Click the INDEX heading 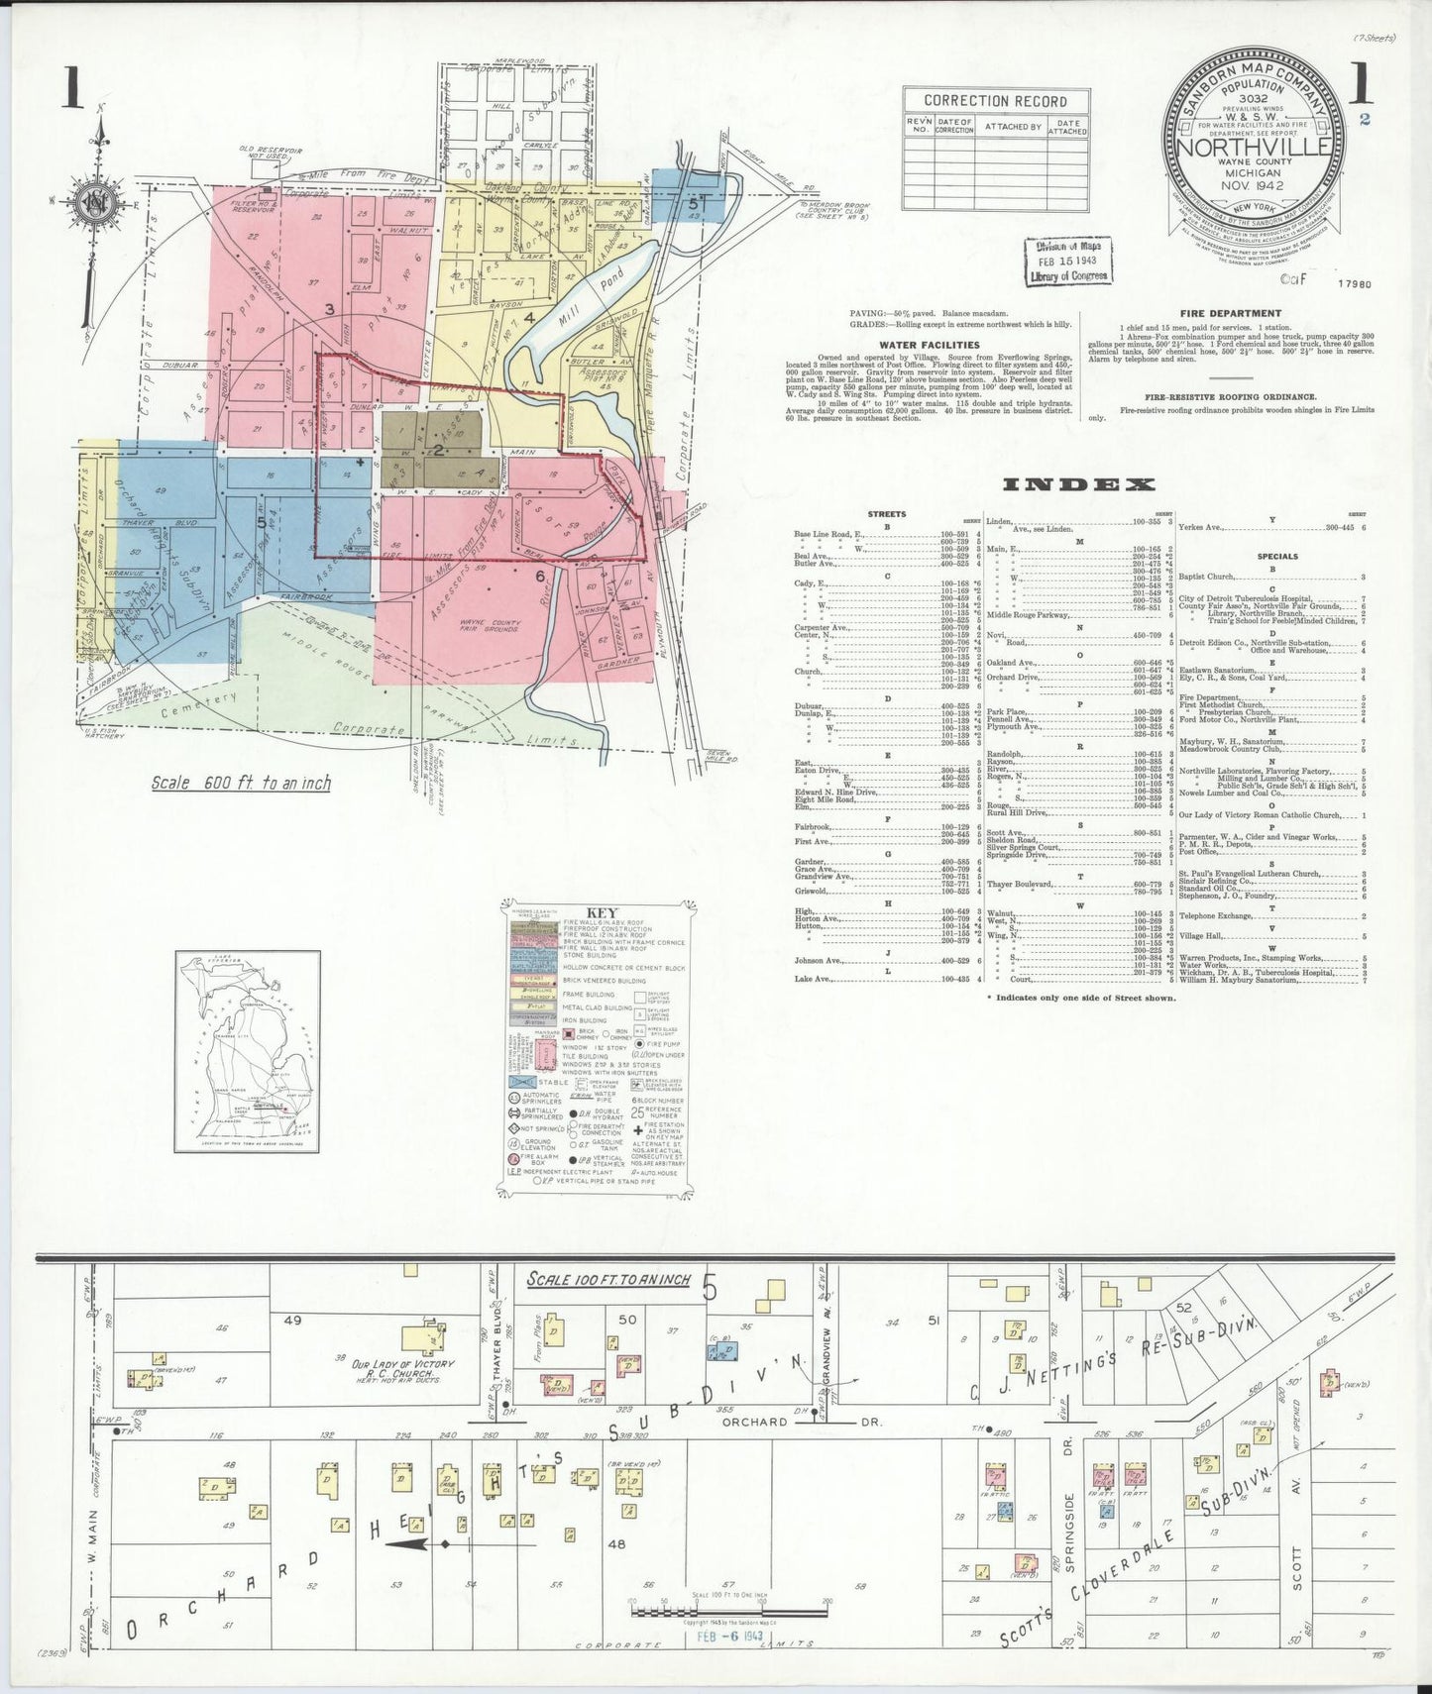1078,484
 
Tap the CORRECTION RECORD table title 995,101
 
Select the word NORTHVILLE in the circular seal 1254,147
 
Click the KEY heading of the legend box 602,913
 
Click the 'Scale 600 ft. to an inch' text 241,783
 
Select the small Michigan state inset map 248,1052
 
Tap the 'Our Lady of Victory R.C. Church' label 403,1369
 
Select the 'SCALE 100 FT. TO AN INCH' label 608,1279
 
